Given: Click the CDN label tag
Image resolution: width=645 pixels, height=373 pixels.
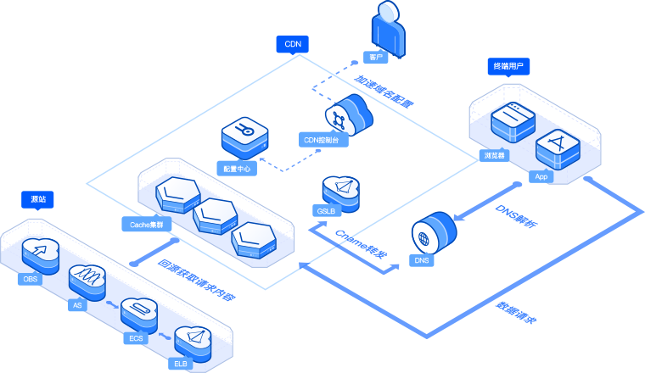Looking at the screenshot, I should pyautogui.click(x=293, y=43).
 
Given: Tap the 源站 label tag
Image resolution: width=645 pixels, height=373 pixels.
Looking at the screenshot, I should pyautogui.click(x=38, y=200).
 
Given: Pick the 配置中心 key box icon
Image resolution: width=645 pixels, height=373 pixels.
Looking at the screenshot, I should pyautogui.click(x=244, y=135).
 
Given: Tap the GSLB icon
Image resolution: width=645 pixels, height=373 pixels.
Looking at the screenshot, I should pyautogui.click(x=340, y=191).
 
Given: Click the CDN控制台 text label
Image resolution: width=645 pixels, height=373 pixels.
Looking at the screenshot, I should pyautogui.click(x=325, y=138).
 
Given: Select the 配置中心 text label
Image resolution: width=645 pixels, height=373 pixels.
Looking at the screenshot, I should pyautogui.click(x=236, y=169).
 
